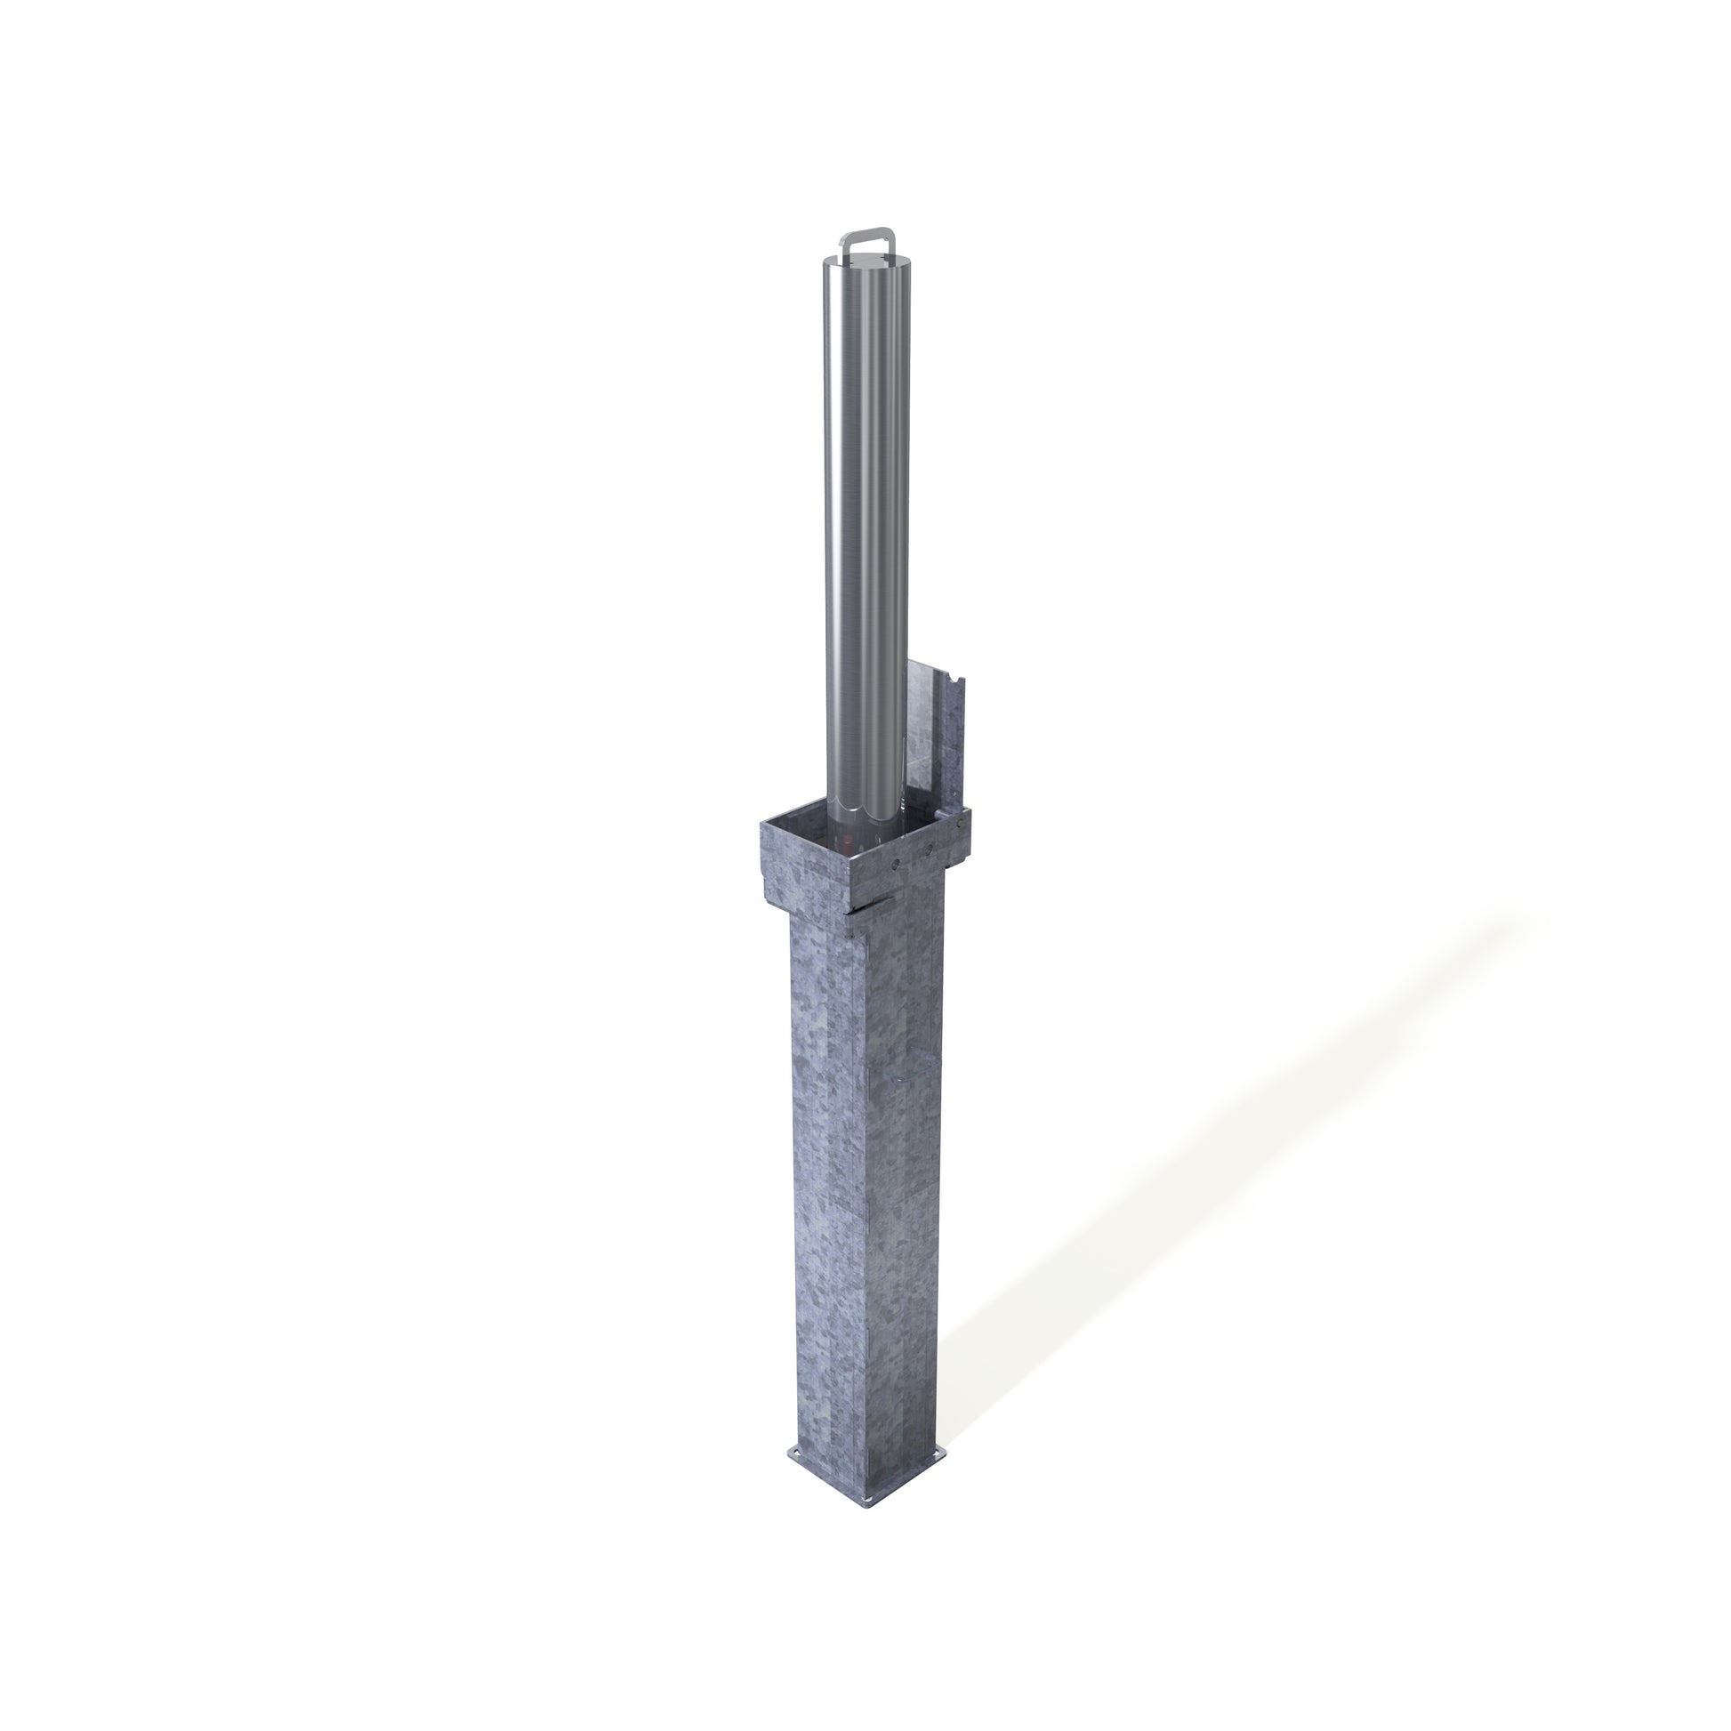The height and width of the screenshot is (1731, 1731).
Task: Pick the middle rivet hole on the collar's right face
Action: tap(929, 849)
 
